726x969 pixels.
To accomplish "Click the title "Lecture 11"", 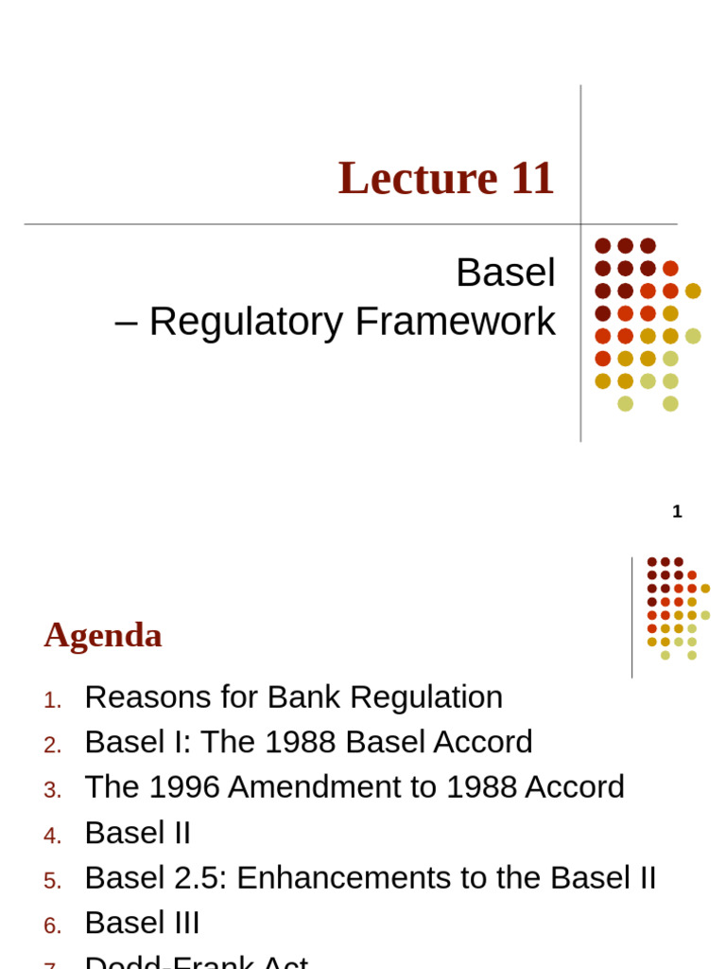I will pyautogui.click(x=445, y=179).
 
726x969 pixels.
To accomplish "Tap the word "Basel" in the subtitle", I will pyautogui.click(x=506, y=273).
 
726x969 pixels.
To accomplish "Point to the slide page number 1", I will pyautogui.click(x=677, y=512).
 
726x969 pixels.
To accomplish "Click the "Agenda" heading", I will pyautogui.click(x=103, y=636).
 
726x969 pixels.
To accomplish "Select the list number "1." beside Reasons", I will pyautogui.click(x=53, y=700).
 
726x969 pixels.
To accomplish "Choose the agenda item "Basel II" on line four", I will pyautogui.click(x=138, y=833).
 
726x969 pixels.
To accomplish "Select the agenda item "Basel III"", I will pyautogui.click(x=142, y=924).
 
